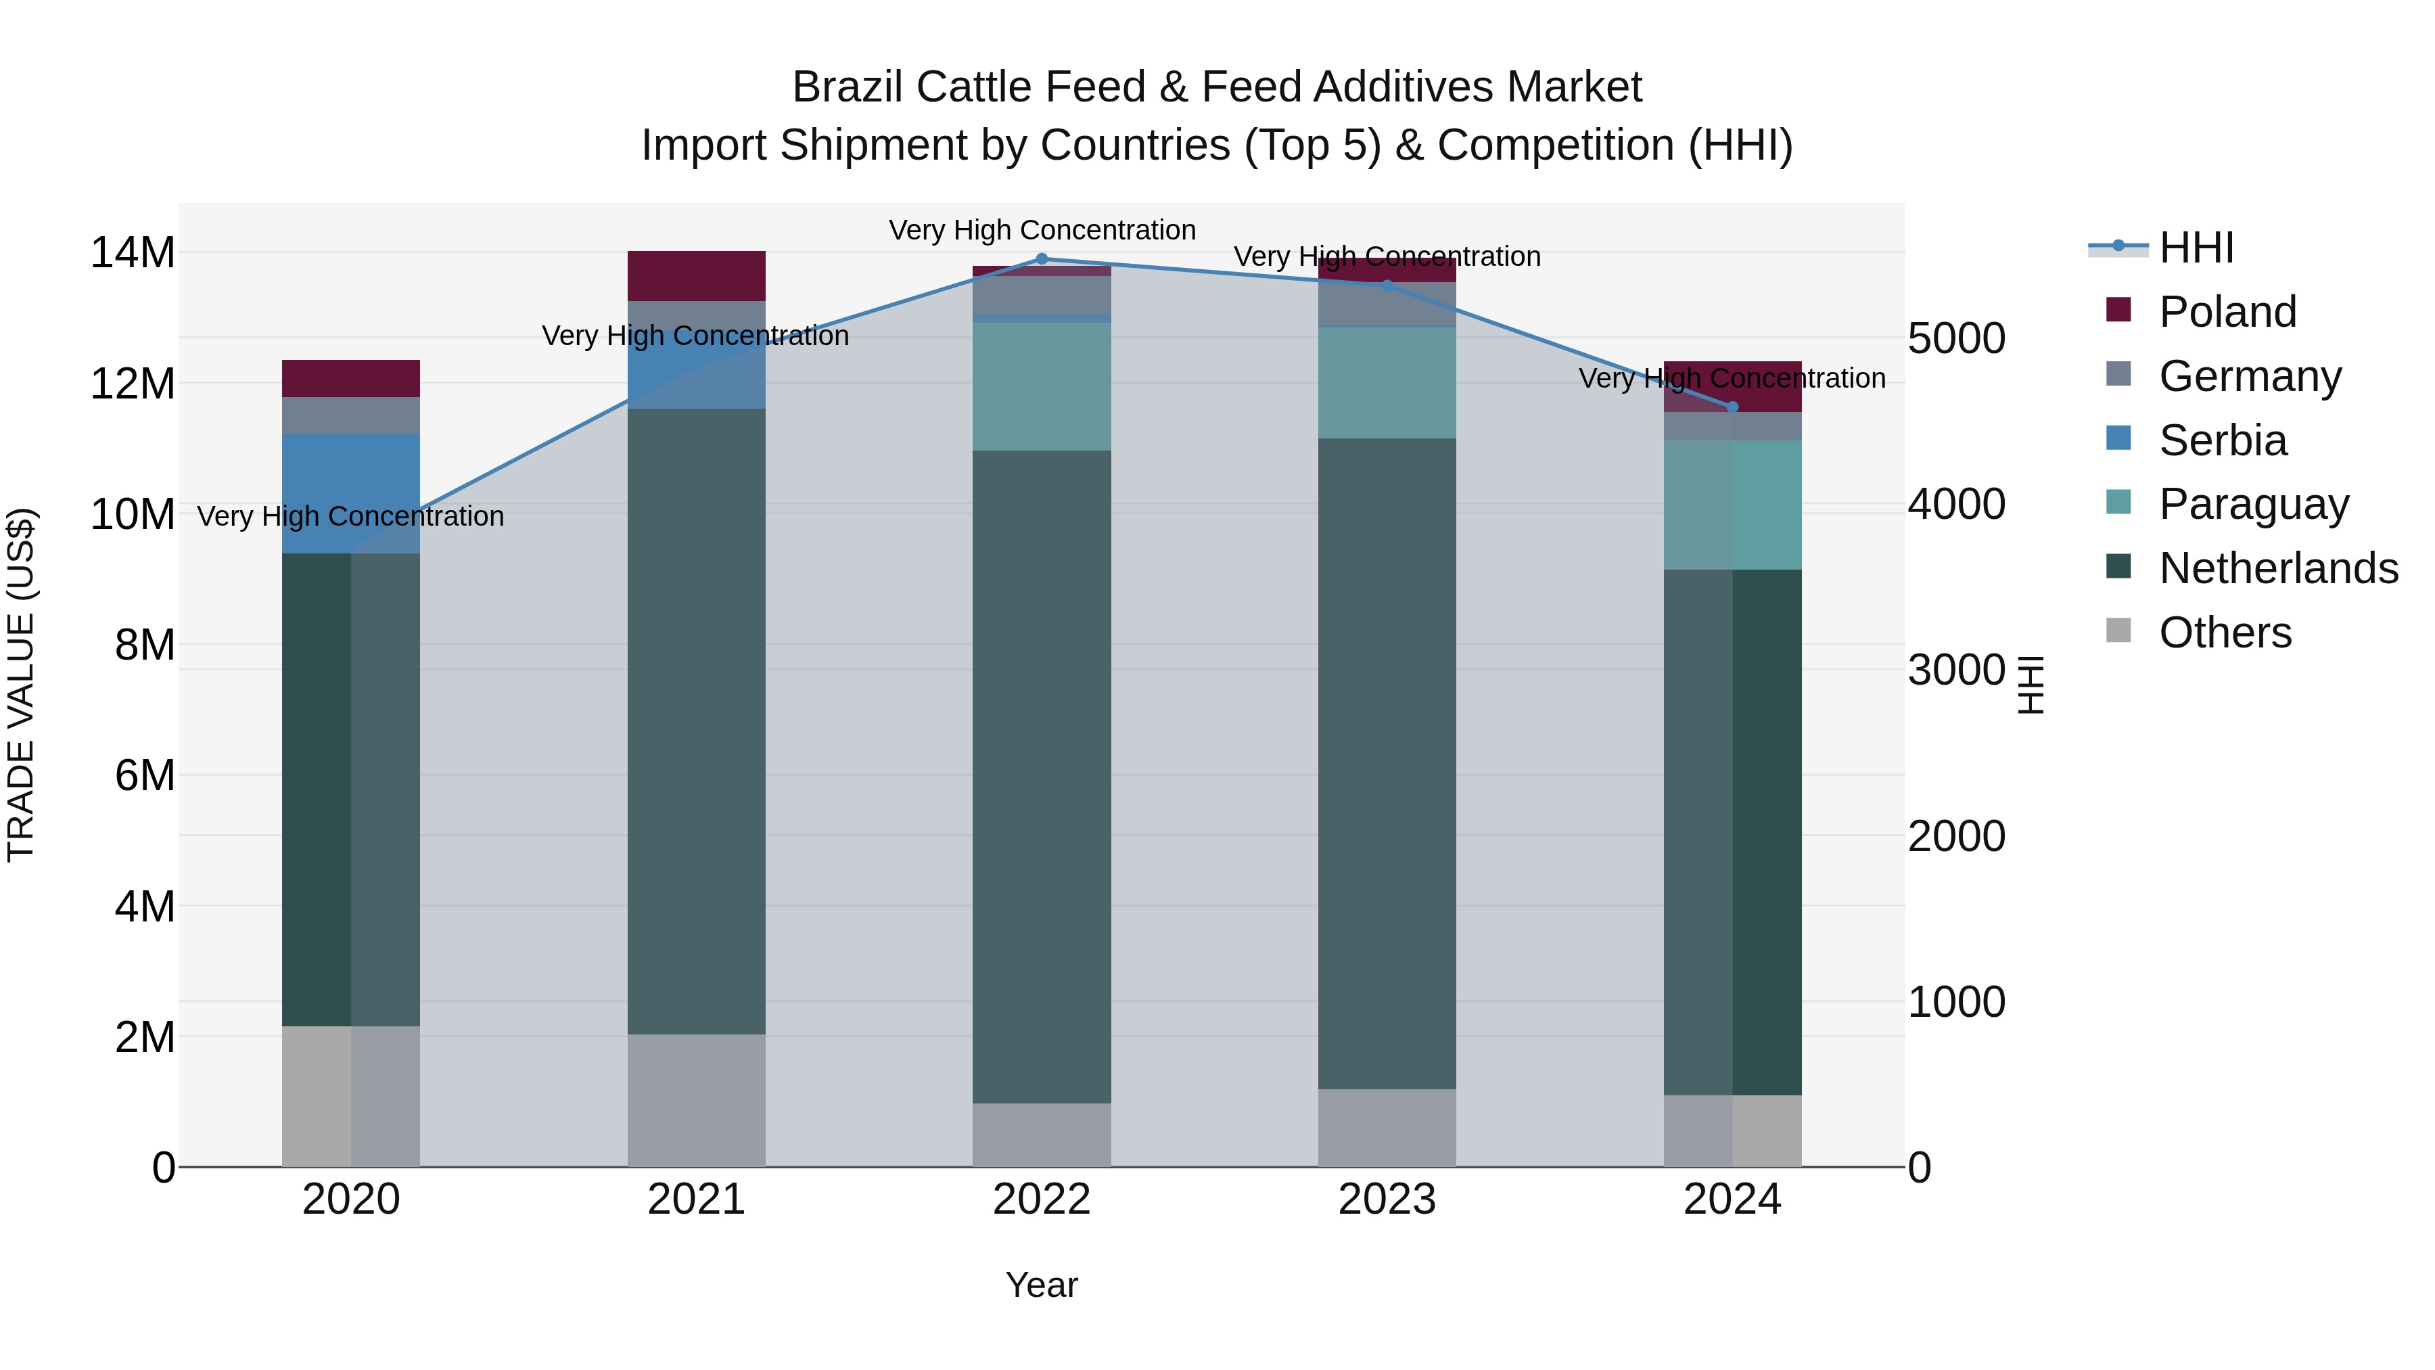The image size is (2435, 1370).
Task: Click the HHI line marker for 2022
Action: pos(1042,259)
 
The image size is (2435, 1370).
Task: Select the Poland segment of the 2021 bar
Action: pos(697,276)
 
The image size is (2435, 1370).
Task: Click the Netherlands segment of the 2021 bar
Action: pos(697,721)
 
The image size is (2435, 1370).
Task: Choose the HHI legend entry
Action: pos(2196,248)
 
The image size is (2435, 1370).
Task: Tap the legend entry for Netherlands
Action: pos(2278,568)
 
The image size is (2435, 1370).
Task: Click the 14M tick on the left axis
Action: pos(133,254)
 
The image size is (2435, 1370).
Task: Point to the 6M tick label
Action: pos(145,775)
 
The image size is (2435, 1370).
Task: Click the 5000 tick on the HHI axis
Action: pos(1955,338)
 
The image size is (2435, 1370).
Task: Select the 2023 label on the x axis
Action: pos(1387,1200)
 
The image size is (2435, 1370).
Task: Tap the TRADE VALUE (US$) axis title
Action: pos(22,685)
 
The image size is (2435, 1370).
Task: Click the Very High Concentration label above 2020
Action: pos(350,516)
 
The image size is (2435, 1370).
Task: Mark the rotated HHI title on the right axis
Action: pos(2031,685)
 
